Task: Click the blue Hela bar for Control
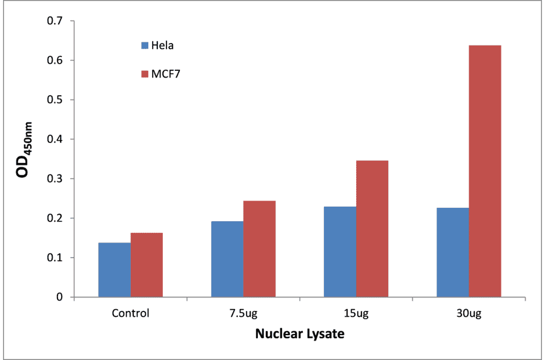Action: (x=114, y=270)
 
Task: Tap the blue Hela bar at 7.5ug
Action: (x=227, y=259)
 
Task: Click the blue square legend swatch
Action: (x=145, y=45)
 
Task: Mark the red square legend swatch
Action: (x=145, y=74)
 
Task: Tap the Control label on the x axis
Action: (x=130, y=314)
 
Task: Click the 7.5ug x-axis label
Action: (x=243, y=314)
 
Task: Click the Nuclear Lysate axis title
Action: (x=299, y=334)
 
